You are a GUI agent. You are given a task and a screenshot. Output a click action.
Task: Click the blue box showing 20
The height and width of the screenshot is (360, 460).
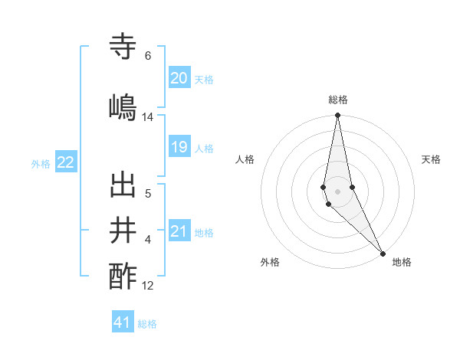pos(179,77)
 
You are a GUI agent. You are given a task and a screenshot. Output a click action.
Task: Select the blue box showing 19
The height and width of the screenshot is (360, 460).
pos(179,147)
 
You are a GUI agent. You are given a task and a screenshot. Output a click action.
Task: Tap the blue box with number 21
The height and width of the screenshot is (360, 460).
pos(179,231)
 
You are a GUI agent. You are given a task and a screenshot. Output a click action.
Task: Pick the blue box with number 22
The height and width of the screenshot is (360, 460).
pos(66,162)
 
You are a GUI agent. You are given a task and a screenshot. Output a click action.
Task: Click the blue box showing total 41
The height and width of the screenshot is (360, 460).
pos(123,322)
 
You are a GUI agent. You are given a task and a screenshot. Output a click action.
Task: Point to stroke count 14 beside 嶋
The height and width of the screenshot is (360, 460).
pos(148,117)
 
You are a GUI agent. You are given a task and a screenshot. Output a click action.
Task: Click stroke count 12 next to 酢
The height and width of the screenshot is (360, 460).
pos(148,286)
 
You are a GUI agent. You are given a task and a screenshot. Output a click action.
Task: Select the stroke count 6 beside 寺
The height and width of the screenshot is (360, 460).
pos(148,56)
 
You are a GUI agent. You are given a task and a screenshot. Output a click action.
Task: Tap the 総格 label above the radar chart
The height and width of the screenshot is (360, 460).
pos(338,100)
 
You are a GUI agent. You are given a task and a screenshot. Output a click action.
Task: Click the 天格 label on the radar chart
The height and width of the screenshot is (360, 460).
pos(431,159)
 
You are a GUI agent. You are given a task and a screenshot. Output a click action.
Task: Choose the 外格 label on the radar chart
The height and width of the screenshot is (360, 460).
pos(270,262)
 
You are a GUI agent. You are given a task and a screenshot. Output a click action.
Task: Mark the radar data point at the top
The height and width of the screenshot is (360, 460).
pos(337,116)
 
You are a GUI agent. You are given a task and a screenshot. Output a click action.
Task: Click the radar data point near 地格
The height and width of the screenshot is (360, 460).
pos(383,252)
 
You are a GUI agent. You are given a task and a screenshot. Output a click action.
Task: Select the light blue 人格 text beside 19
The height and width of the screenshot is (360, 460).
pos(204,148)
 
